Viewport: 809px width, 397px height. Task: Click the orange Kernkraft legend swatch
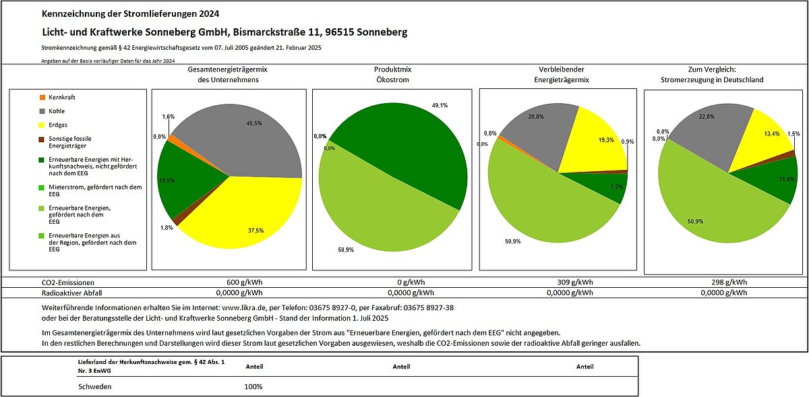point(42,98)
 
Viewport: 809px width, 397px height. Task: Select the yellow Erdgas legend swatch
point(42,125)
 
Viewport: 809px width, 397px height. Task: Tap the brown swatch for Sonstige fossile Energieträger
point(42,139)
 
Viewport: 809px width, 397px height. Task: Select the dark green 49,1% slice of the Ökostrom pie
point(408,144)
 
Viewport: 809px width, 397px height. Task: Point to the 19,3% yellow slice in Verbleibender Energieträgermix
point(596,144)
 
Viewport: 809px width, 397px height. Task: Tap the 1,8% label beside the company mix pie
point(167,228)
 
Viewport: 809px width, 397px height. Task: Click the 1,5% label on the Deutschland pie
point(793,134)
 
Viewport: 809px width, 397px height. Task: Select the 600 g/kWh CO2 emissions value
point(245,282)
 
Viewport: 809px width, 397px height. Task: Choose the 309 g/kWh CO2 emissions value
point(575,282)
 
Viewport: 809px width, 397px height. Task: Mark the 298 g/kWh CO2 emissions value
point(729,282)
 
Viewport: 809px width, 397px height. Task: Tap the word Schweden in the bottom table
point(94,386)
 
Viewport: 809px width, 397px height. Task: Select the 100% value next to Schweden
point(253,386)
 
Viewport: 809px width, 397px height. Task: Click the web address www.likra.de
point(244,308)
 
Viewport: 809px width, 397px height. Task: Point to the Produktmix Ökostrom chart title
point(392,74)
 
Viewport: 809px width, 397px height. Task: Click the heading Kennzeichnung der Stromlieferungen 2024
point(130,13)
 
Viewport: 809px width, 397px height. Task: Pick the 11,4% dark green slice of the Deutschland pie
point(777,179)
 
